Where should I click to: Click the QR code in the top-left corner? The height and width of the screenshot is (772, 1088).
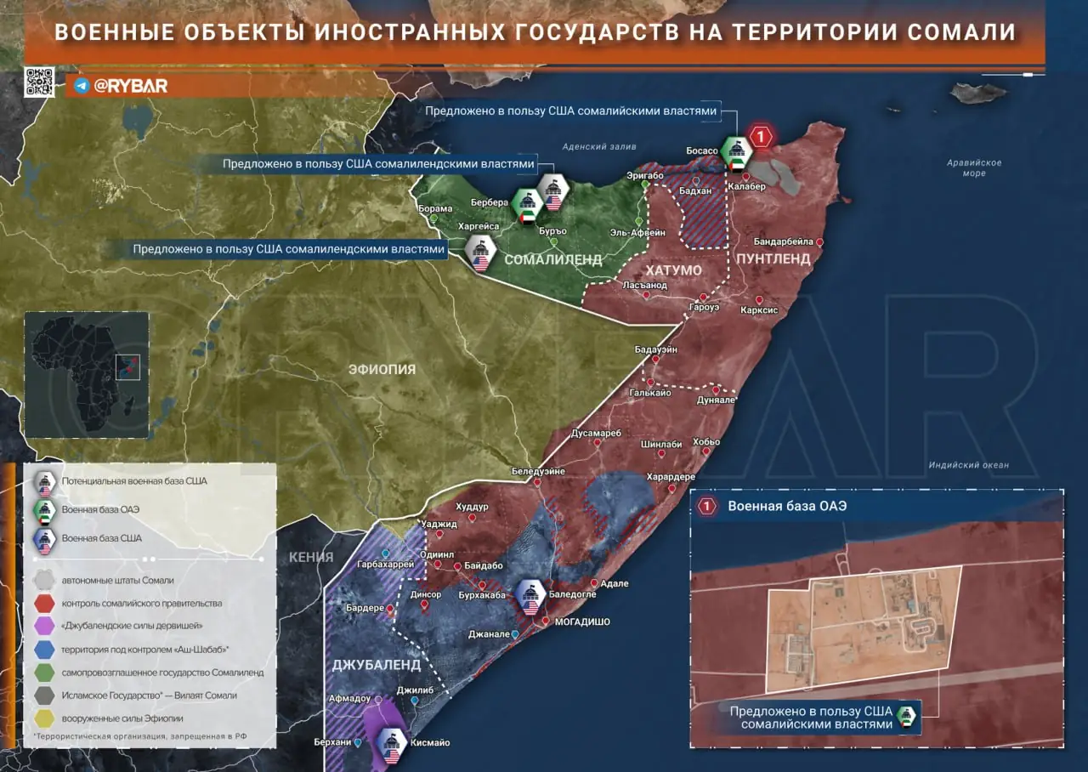[39, 82]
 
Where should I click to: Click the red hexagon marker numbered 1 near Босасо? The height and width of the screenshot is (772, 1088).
[761, 136]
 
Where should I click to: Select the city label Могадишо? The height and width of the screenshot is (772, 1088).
[582, 622]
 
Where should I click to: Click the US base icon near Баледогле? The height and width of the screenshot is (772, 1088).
[530, 595]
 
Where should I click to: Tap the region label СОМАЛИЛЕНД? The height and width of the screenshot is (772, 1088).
[552, 259]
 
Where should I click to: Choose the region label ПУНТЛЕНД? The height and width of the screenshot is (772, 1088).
[773, 258]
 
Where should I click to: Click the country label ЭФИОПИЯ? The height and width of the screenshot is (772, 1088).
[382, 369]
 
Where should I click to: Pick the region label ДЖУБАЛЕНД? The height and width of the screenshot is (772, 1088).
[376, 664]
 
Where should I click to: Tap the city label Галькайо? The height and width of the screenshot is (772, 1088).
[650, 393]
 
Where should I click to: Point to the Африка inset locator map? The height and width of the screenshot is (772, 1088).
[87, 374]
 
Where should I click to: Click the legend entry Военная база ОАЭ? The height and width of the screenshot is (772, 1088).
[100, 509]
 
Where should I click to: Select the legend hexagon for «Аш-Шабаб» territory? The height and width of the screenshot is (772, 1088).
[43, 649]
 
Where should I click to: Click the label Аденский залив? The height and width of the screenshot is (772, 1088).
[598, 146]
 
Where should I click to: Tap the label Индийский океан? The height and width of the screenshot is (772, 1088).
[968, 465]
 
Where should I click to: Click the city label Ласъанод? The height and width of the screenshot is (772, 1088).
[644, 286]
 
